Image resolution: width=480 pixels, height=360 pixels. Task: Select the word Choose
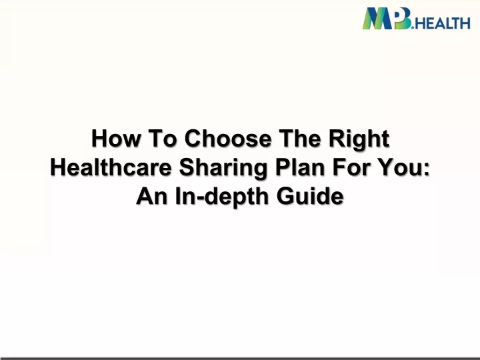[228, 139]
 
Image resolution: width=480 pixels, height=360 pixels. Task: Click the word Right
[359, 140]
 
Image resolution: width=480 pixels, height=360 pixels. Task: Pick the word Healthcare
[111, 167]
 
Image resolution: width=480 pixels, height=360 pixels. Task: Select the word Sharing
[223, 169]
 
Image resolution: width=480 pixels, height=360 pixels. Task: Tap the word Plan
[300, 167]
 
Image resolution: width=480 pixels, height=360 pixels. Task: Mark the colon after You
[427, 170]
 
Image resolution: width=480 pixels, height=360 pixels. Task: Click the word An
[152, 196]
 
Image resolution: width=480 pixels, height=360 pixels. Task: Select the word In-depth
[222, 198]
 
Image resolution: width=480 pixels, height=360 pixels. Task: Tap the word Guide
[310, 196]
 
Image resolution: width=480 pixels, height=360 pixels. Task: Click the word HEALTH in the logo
[443, 23]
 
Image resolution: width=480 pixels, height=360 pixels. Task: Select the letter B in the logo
[403, 19]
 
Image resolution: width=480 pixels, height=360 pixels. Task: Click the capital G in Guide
[286, 196]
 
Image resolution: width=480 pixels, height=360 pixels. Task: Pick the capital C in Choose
[194, 139]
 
